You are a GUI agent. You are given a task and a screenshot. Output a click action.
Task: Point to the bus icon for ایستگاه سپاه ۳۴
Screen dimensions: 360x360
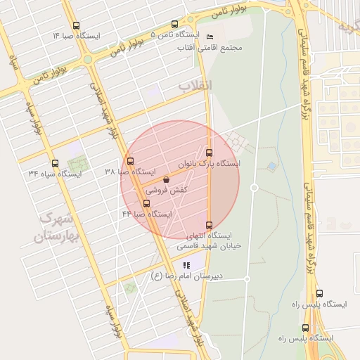click(55, 163)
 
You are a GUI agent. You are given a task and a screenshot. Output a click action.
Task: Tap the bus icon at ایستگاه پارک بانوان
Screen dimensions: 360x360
click(209, 153)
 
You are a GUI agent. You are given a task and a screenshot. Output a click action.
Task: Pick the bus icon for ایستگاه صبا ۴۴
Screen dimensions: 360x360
click(146, 203)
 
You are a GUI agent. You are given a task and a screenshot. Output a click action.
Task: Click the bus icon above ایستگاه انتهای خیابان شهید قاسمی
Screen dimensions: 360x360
click(209, 225)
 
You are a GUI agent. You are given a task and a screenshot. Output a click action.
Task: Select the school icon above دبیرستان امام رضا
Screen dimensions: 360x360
click(186, 265)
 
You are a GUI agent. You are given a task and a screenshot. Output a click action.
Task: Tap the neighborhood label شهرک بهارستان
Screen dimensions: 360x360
click(53, 227)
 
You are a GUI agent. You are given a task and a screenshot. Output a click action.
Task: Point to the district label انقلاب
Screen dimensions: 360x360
click(194, 85)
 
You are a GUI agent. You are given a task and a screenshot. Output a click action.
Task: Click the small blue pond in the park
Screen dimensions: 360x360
click(271, 166)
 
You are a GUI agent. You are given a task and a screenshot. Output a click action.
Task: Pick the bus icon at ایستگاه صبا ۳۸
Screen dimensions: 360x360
click(129, 162)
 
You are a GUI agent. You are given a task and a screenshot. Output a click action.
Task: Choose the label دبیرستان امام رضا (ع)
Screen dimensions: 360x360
click(186, 276)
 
